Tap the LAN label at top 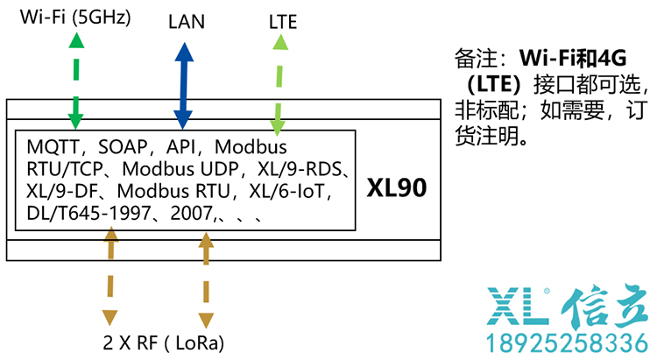pos(186,22)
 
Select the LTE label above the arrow pos(282,23)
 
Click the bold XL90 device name pos(397,188)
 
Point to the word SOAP pos(122,146)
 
